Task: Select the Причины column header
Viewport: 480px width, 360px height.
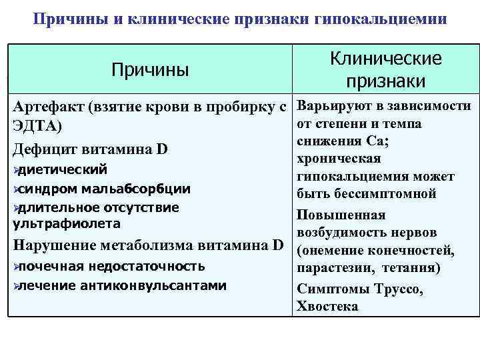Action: [x=150, y=69]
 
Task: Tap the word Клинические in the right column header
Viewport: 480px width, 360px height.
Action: [x=386, y=59]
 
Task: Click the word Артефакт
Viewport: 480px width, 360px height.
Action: [x=51, y=107]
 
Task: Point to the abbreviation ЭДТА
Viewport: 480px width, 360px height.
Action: [x=35, y=127]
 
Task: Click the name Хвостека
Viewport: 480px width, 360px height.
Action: [x=327, y=307]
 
